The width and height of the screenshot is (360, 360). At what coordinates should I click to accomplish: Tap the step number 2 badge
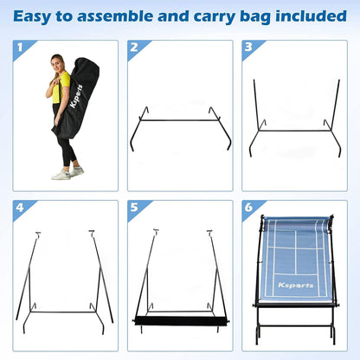135,48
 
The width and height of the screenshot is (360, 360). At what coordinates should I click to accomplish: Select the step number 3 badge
249,48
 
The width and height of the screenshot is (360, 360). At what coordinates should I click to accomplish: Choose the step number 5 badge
135,209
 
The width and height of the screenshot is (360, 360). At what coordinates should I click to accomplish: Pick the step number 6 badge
249,209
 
